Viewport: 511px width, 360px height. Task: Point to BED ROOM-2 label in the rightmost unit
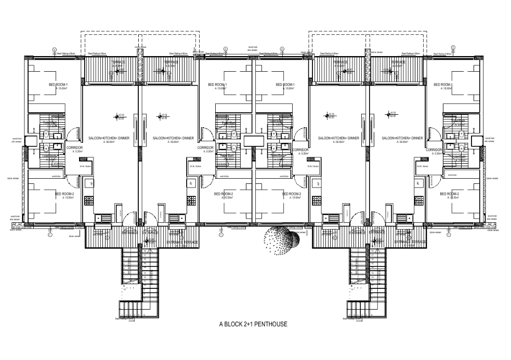tap(450, 194)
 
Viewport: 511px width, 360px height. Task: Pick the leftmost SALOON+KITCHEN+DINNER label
tap(108, 138)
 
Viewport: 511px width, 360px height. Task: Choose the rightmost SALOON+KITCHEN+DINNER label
tap(402, 138)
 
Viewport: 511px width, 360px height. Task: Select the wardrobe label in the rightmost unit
tap(452, 175)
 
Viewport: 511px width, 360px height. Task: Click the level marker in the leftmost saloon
tap(116, 116)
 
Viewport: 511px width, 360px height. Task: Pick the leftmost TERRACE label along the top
tap(119, 62)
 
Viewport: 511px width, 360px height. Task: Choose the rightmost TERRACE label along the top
tap(398, 62)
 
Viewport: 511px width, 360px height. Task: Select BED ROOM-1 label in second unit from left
tap(218, 85)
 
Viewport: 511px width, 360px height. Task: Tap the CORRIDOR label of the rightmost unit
tap(434, 150)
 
